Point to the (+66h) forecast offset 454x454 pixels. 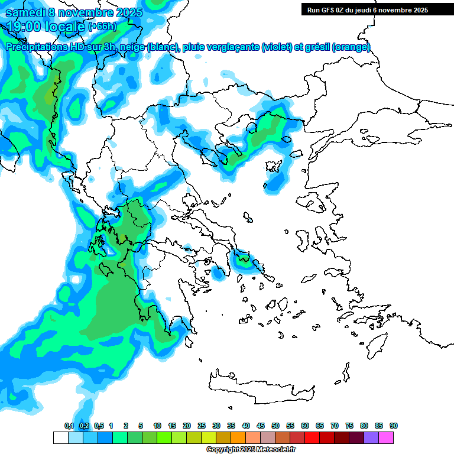(x=102, y=26)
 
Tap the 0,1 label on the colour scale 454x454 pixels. (x=69, y=426)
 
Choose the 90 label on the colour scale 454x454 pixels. (x=394, y=426)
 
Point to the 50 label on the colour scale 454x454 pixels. (x=275, y=426)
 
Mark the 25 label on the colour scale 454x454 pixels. (x=202, y=426)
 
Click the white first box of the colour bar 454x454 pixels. (x=60, y=437)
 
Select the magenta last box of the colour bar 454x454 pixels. (x=386, y=437)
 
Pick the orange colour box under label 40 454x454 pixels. (x=238, y=437)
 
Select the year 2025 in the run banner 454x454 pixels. (x=420, y=9)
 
